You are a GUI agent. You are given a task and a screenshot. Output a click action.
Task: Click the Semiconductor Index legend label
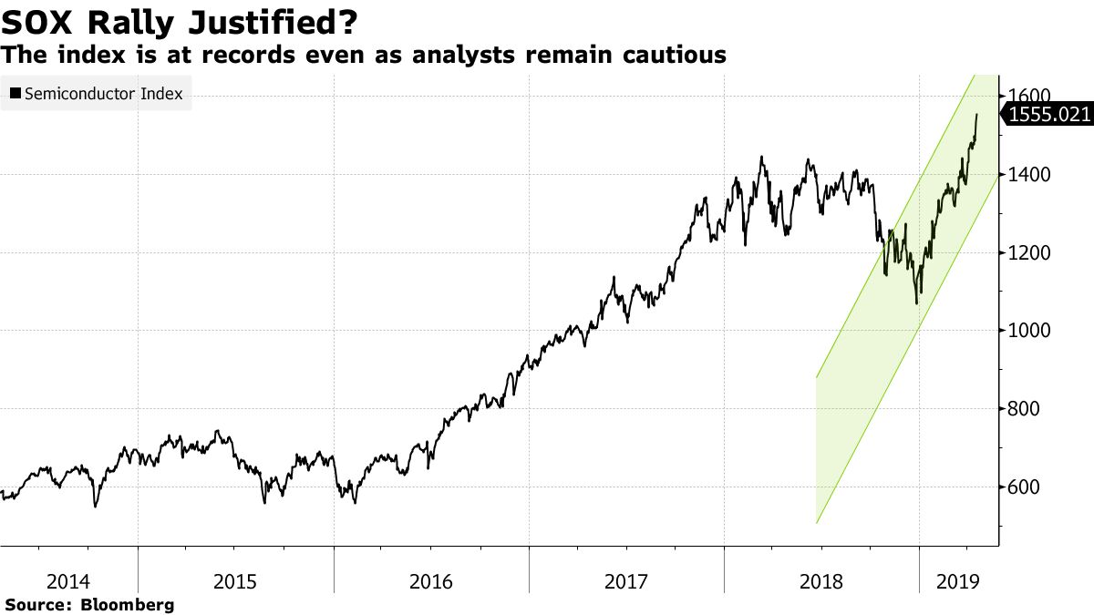point(103,93)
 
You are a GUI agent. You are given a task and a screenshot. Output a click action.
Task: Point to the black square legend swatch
point(15,93)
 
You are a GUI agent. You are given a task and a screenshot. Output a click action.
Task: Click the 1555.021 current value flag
point(1049,114)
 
